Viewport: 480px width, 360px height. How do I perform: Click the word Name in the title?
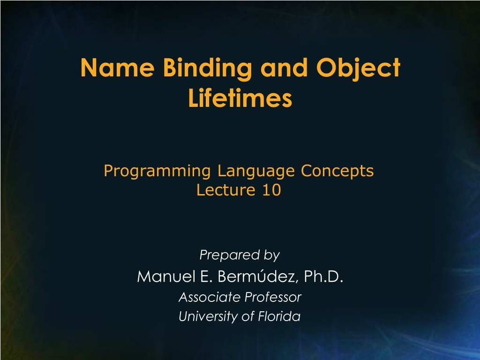117,67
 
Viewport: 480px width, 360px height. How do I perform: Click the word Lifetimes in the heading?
240,98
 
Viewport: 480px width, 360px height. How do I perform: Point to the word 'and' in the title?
284,67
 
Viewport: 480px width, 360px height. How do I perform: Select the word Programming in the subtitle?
157,172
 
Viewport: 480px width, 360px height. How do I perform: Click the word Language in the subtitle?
256,172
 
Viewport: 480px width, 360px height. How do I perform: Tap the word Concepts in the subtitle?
337,172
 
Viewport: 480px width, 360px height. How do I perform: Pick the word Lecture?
226,190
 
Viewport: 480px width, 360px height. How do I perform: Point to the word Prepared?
230,255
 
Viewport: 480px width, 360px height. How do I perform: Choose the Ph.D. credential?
323,277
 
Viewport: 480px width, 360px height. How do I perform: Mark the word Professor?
273,297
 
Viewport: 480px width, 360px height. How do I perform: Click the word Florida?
279,316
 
